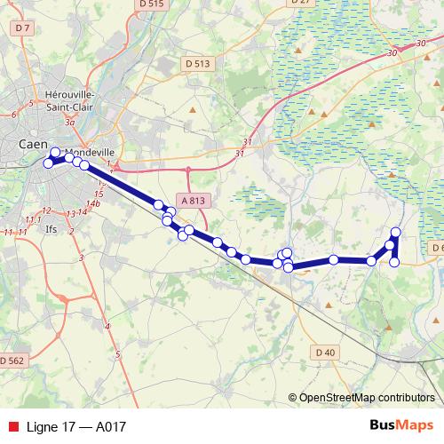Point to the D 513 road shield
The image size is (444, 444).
pyautogui.click(x=198, y=63)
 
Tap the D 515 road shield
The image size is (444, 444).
pyautogui.click(x=153, y=4)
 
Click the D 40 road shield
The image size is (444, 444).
pyautogui.click(x=326, y=353)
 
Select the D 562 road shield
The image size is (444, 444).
pyautogui.click(x=12, y=361)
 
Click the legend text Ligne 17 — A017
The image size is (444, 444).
pyautogui.click(x=75, y=426)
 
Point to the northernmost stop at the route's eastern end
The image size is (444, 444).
pyautogui.click(x=396, y=233)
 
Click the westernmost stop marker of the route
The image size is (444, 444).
pyautogui.click(x=49, y=162)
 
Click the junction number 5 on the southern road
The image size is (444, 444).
pyautogui.click(x=118, y=356)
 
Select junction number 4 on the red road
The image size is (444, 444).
pyautogui.click(x=108, y=328)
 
